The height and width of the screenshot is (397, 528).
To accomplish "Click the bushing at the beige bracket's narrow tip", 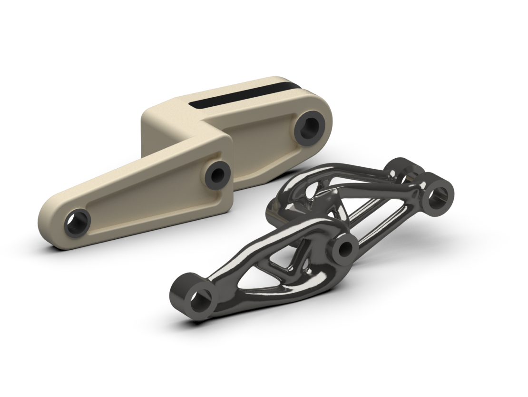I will click(78, 223).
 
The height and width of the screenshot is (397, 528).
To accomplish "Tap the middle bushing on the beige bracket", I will click(218, 174).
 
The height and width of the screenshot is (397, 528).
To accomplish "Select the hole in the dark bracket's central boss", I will click(346, 248).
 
